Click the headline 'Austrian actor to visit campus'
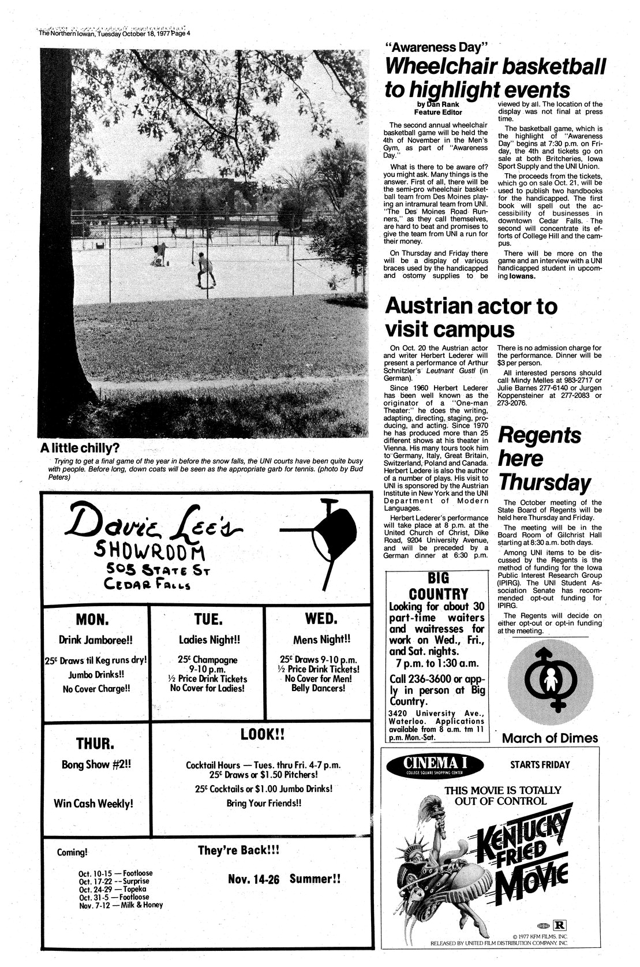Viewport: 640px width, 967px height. [x=470, y=318]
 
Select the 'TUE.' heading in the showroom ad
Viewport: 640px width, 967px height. [x=208, y=619]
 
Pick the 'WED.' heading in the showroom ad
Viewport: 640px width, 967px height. [x=320, y=619]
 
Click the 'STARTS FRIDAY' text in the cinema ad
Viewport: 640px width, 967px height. [x=540, y=765]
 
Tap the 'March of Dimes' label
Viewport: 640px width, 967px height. [x=550, y=738]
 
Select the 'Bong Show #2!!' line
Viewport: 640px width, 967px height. [x=96, y=764]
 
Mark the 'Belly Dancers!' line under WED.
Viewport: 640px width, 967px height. [x=320, y=688]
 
